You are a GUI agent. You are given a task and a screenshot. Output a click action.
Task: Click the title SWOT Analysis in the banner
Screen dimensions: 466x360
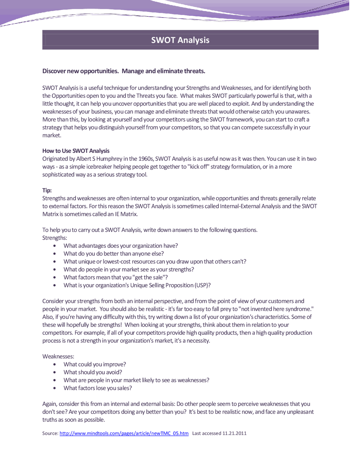[180, 40]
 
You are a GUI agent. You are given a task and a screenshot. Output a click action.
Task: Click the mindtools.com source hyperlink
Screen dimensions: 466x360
[124, 433]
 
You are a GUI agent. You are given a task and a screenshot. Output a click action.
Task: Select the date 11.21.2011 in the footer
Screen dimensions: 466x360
[234, 433]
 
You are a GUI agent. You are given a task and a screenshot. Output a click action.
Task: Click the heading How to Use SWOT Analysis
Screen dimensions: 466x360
[76, 151]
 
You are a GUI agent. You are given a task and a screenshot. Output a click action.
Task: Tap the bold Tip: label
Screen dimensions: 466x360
[47, 190]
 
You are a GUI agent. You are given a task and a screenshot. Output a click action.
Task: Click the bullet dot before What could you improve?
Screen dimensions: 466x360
[55, 364]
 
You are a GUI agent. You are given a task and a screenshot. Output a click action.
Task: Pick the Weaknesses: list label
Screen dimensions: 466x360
[58, 356]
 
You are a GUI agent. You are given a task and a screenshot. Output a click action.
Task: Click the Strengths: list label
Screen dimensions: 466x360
[55, 238]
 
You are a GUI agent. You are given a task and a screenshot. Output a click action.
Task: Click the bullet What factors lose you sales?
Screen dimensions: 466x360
[98, 388]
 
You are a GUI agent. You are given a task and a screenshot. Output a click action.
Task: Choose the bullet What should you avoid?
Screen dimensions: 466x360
[93, 372]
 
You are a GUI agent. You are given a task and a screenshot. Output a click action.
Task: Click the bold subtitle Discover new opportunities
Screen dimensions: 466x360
[80, 71]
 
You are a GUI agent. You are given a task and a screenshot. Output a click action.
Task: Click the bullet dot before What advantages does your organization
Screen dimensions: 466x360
[55, 246]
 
